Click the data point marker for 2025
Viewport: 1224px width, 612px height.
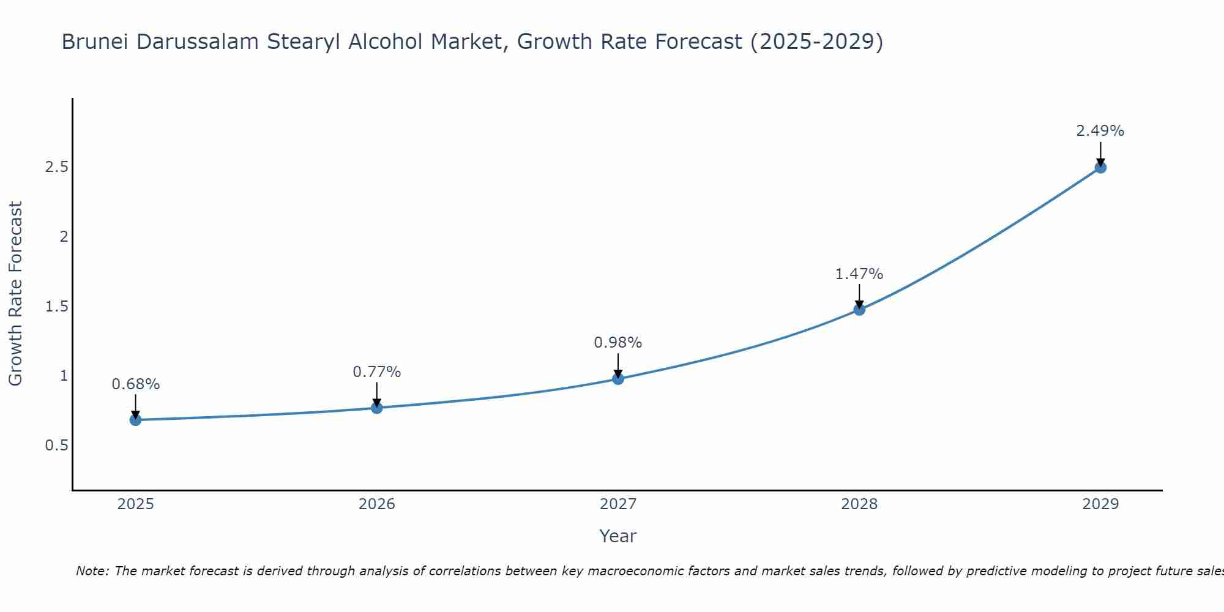(135, 420)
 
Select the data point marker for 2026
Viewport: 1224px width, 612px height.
(376, 408)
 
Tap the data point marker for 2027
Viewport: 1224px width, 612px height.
(618, 379)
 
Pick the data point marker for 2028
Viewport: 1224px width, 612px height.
(859, 310)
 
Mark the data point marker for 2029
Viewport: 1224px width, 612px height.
(1100, 168)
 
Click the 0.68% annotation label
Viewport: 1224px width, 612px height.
(135, 384)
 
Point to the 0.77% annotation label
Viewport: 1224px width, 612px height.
(376, 372)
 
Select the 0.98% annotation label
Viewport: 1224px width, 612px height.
(618, 343)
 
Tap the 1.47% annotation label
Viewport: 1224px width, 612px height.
(859, 274)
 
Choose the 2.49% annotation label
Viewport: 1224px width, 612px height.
(1100, 131)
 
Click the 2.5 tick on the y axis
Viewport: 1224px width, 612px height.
(56, 167)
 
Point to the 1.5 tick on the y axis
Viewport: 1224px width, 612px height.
(56, 306)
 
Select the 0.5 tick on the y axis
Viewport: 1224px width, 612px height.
(56, 446)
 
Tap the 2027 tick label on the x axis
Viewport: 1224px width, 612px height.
(618, 504)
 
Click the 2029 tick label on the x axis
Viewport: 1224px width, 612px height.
(1100, 504)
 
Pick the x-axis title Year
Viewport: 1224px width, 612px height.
(618, 536)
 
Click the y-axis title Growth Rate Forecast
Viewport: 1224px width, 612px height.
(15, 294)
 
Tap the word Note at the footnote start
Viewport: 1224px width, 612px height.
(92, 571)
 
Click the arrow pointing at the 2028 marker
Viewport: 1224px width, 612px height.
(859, 296)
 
